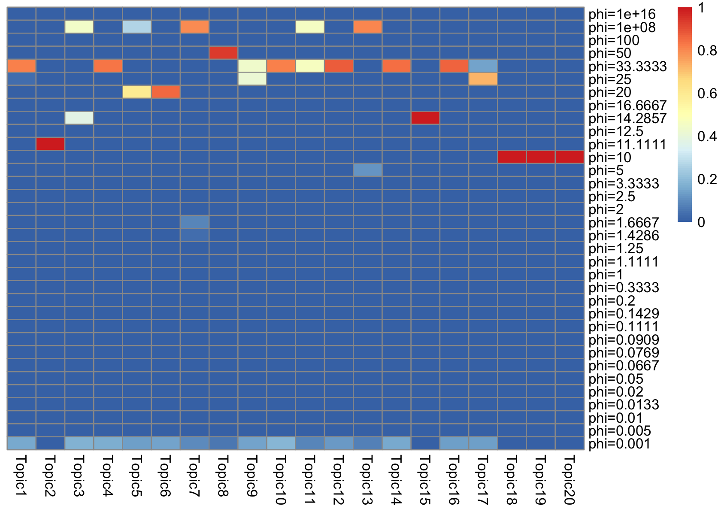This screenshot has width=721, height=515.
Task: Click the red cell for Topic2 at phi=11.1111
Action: pos(50,144)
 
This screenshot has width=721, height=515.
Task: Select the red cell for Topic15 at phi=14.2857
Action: pos(425,118)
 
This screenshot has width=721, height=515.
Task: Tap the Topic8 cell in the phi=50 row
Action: pos(223,53)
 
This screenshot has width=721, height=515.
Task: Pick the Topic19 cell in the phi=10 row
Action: pos(540,157)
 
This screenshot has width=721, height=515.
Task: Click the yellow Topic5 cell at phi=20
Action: pos(136,92)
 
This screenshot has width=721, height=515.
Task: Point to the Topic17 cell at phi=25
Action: pos(483,79)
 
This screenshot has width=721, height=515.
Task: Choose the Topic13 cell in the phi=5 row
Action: pos(368,170)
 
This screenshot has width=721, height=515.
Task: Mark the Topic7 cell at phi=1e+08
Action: pos(194,27)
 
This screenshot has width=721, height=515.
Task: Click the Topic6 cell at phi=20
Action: pos(166,92)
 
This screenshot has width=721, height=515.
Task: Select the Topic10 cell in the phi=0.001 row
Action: pos(281,443)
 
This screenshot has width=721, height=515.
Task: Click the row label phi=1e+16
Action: pos(622,15)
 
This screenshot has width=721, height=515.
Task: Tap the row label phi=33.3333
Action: pos(627,67)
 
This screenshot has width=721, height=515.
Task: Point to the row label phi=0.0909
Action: pos(624,340)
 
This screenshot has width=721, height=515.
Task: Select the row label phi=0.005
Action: pos(620,431)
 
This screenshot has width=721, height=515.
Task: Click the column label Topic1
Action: pos(21,476)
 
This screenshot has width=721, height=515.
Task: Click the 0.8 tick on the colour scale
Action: pos(706,51)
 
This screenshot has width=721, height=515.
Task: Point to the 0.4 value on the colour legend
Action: pos(706,136)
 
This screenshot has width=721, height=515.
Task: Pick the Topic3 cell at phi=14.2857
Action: pos(79,118)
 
